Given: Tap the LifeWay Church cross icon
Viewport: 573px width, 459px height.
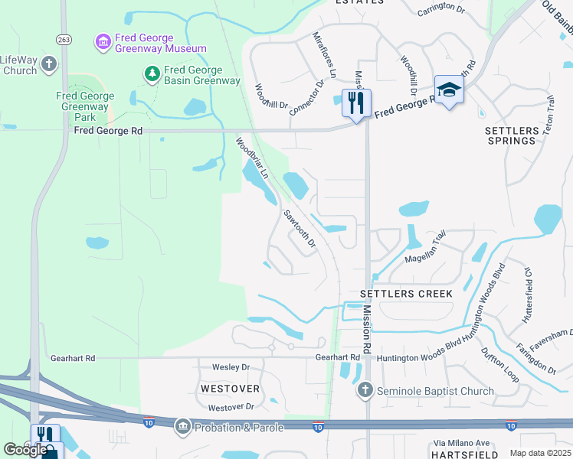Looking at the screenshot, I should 50,63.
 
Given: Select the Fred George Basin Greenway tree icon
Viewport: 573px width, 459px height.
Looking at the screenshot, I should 152,73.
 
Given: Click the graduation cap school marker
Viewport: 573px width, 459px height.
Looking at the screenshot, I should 448,90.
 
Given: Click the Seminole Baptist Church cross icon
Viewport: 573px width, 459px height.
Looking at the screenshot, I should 364,390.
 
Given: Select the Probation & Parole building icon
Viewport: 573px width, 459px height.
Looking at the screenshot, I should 182,426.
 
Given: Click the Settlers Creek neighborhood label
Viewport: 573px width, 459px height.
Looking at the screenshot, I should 406,294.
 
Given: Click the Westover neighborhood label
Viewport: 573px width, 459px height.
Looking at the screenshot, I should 230,389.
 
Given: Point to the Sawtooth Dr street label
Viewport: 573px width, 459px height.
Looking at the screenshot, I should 300,229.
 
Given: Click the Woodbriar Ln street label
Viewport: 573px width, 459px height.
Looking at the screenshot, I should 251,158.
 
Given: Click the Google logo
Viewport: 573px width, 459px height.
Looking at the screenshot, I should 25,450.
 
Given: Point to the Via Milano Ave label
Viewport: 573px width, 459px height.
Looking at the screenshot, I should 461,443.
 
